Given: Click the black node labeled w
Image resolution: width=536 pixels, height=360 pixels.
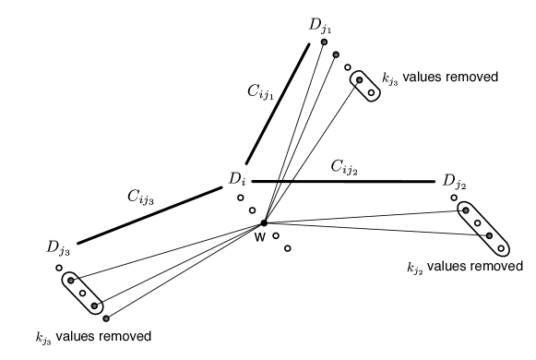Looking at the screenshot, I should click(264, 222).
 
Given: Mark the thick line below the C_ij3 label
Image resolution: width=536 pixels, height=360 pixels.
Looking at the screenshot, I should click(149, 214).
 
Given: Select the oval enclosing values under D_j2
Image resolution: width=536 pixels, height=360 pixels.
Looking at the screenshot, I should click(483, 228).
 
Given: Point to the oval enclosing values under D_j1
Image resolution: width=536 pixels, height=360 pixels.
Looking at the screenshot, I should click(363, 87).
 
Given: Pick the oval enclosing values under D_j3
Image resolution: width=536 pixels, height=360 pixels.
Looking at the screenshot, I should click(82, 293).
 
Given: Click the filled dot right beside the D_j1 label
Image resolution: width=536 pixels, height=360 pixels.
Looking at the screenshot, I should click(324, 42).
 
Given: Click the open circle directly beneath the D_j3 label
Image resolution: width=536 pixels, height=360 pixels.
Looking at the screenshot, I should click(58, 268).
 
